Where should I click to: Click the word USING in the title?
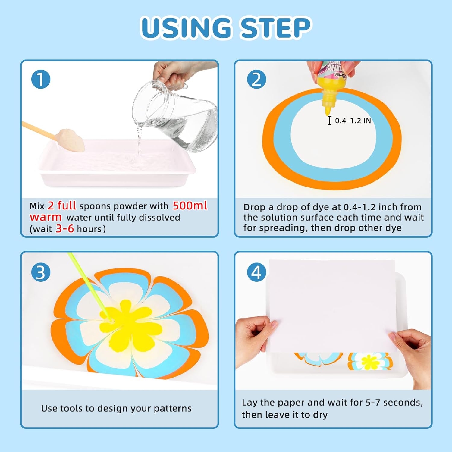pos(186,28)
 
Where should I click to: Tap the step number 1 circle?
pos(41,79)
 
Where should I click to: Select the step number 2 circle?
pos(256,79)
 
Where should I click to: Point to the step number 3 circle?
pos(41,272)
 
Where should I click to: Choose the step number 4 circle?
pos(256,272)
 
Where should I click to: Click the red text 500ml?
pos(190,206)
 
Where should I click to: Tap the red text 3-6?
pos(65,228)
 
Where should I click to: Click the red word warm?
pos(46,217)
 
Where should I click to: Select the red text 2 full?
pos(62,206)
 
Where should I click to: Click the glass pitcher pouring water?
pos(176,115)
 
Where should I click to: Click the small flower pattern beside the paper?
pos(370,361)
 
